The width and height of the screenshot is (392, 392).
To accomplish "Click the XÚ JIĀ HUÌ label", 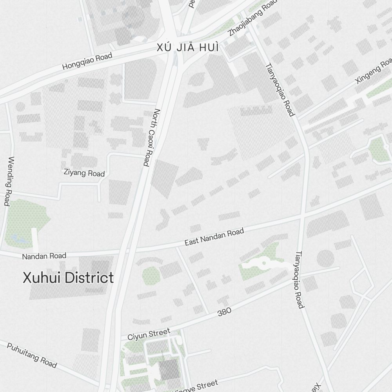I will [x=187, y=47].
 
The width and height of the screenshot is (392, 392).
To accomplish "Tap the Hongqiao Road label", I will [x=87, y=62].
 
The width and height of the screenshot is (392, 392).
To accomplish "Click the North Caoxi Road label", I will [x=151, y=137].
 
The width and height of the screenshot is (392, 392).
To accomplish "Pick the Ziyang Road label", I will [x=84, y=172].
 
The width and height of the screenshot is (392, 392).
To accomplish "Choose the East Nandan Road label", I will [x=214, y=238].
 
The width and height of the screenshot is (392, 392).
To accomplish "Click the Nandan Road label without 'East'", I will [x=44, y=256].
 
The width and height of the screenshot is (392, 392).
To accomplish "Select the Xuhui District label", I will [x=68, y=278].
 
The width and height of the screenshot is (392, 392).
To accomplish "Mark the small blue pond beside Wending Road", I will [x=17, y=237].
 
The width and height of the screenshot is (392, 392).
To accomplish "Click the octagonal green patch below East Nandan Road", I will [x=150, y=276].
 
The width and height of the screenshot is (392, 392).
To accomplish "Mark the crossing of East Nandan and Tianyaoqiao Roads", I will [x=303, y=216].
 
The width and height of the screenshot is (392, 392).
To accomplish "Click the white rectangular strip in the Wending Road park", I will [x=35, y=240].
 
